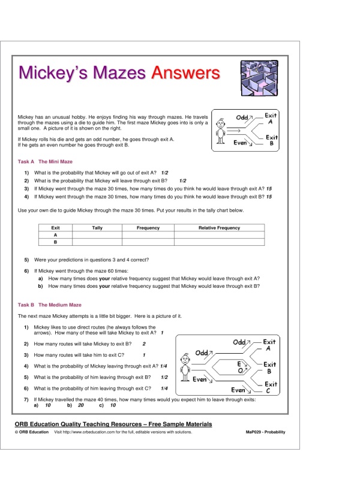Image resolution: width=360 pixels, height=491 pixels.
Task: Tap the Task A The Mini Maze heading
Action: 49,162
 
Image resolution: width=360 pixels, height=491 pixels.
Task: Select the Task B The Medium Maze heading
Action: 50,305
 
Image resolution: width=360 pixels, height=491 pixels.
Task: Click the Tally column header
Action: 97,228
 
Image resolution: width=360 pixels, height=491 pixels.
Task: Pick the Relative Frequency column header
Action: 219,228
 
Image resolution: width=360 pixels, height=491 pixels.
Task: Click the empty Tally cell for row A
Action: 97,235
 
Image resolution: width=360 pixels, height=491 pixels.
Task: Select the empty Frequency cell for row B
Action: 148,242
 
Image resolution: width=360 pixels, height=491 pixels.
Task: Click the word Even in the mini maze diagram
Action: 241,143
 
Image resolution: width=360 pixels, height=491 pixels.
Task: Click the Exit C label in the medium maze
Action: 271,387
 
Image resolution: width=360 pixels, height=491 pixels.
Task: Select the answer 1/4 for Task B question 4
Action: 164,366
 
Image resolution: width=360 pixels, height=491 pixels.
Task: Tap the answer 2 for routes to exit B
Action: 144,344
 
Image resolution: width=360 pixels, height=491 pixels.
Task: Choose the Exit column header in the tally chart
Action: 55,228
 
